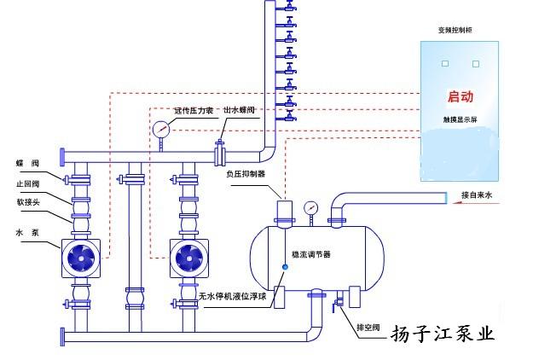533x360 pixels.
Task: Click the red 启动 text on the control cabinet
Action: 461,98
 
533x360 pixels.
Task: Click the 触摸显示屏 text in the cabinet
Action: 460,120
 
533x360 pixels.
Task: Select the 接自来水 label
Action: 477,195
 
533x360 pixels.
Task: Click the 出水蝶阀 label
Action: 240,110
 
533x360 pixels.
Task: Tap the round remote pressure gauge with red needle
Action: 160,130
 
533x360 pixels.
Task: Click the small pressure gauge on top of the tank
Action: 310,207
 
